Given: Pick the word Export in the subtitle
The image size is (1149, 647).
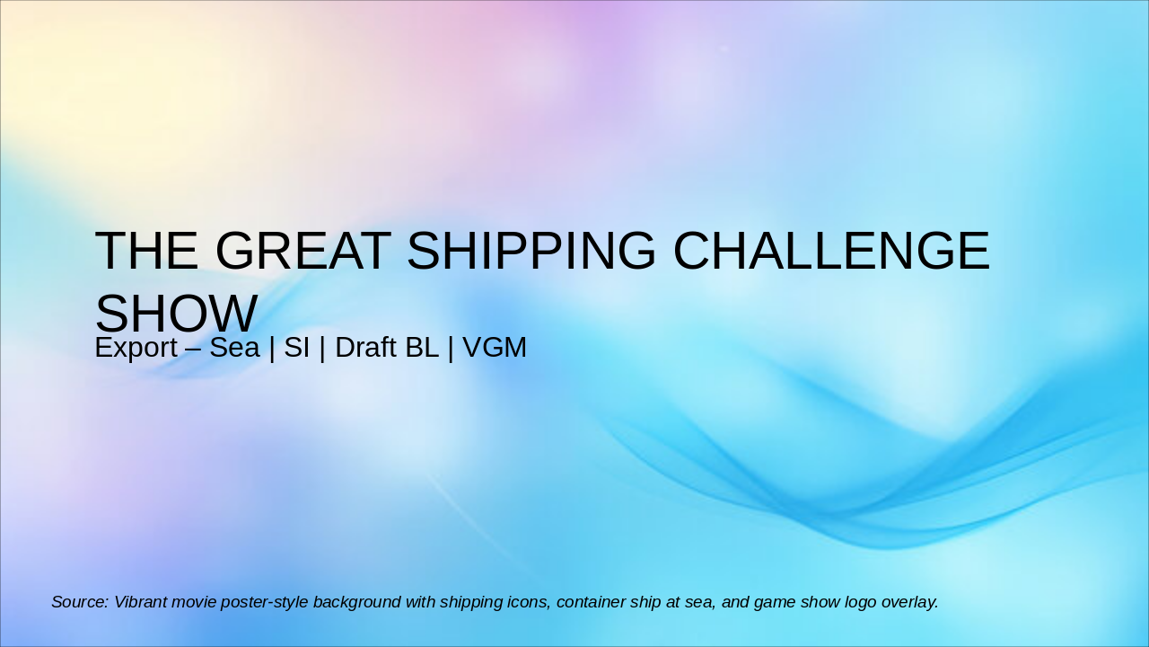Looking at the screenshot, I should (x=136, y=348).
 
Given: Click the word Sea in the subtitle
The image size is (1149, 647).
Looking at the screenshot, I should (x=234, y=348).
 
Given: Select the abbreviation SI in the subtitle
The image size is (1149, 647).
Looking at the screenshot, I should (x=296, y=348).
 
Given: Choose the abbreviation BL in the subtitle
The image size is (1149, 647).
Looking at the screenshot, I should (x=421, y=348).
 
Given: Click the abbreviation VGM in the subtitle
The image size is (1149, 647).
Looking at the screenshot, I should (x=495, y=348).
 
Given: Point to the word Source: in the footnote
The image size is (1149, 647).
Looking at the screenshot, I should (x=80, y=602).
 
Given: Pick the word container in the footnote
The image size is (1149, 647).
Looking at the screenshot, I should (x=590, y=602).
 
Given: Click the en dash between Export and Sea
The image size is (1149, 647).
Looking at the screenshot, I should (x=189, y=348).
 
